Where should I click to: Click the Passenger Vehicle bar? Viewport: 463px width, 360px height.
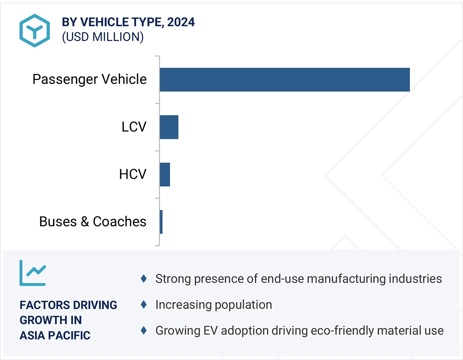pos(285,80)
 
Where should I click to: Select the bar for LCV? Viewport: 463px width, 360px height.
pos(169,127)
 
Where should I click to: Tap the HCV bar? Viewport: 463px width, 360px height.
pos(165,175)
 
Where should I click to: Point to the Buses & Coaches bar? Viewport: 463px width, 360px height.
pos(161,222)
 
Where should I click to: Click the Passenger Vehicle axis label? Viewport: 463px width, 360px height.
pos(89,79)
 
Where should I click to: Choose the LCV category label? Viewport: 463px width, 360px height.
pos(134,127)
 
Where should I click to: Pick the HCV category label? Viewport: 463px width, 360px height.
pos(133,174)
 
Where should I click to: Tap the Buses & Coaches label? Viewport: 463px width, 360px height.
pos(93,222)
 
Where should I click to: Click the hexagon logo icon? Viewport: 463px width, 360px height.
pos(35,30)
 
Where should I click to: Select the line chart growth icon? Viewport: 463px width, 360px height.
pos(33,273)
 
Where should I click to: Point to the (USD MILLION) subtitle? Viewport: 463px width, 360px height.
pos(102,37)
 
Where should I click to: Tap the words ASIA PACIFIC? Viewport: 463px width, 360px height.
pos(55,335)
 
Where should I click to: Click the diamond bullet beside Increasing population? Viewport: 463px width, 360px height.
pos(144,305)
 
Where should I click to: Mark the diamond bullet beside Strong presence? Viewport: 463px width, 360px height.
pos(144,279)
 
